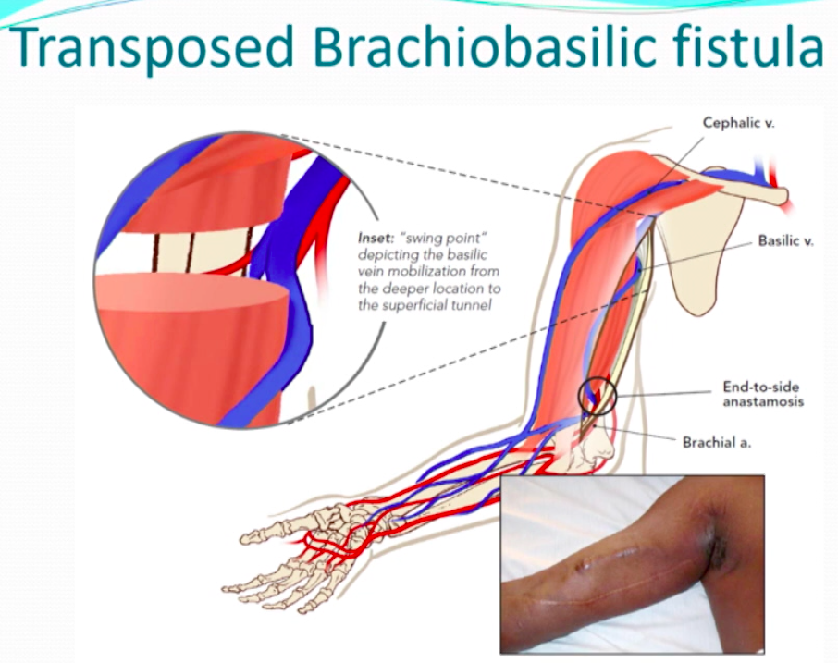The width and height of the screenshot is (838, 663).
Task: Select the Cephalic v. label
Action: click(x=739, y=123)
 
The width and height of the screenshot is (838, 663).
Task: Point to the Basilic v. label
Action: click(x=785, y=241)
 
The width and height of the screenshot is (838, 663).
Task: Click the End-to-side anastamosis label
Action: click(x=763, y=394)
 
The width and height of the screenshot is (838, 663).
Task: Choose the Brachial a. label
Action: click(x=717, y=442)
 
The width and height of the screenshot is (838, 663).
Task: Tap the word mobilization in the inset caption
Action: click(x=426, y=272)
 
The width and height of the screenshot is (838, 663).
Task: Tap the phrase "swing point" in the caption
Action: click(x=444, y=238)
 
